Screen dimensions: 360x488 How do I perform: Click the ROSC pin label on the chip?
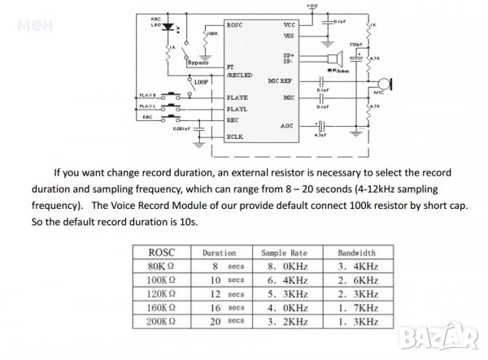[236, 25]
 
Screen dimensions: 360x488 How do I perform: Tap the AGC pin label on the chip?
[286, 126]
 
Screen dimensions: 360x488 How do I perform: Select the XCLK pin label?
[235, 137]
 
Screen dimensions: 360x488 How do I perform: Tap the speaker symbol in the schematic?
[356, 57]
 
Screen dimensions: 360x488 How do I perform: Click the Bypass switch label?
[198, 62]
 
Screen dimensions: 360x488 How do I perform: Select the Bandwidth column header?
[356, 253]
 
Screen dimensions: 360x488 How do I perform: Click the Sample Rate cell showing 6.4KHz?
[286, 280]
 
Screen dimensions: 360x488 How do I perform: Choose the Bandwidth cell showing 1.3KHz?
[356, 322]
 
